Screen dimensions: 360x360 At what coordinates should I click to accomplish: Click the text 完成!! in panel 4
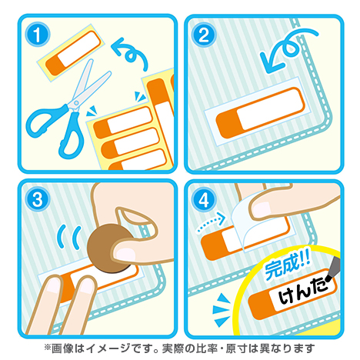pyautogui.click(x=286, y=271)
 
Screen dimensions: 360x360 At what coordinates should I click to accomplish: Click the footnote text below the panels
pyautogui.click(x=180, y=347)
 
